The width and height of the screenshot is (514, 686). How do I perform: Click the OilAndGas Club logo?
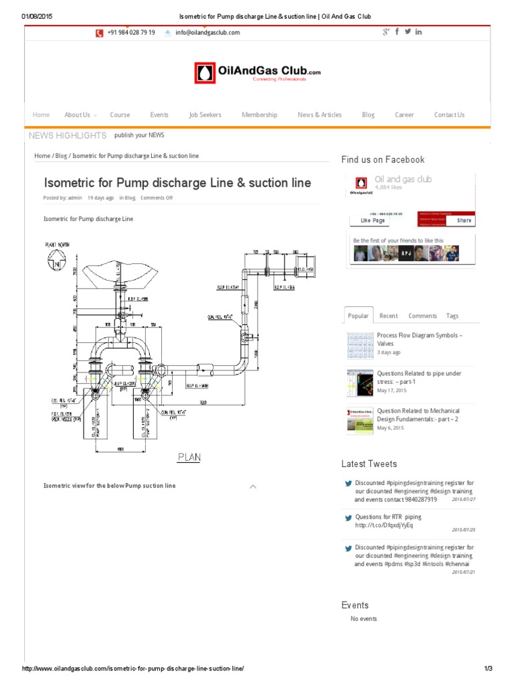257,73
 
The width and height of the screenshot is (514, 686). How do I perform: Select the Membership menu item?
259,115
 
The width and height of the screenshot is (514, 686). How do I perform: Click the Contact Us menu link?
449,115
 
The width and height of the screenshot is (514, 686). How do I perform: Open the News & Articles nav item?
319,115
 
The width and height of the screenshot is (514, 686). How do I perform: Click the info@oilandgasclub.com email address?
207,32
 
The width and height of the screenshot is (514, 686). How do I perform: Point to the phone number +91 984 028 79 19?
131,32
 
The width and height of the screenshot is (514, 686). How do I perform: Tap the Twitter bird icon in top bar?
408,31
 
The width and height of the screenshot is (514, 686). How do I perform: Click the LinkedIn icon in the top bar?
418,31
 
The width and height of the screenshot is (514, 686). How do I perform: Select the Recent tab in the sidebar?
388,316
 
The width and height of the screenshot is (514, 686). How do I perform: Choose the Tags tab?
452,316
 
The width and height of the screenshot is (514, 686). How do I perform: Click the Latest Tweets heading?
369,464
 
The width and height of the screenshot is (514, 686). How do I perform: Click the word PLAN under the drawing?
189,458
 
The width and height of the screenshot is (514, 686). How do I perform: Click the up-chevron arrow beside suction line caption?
252,486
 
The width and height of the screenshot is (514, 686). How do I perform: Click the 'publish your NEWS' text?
139,135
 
